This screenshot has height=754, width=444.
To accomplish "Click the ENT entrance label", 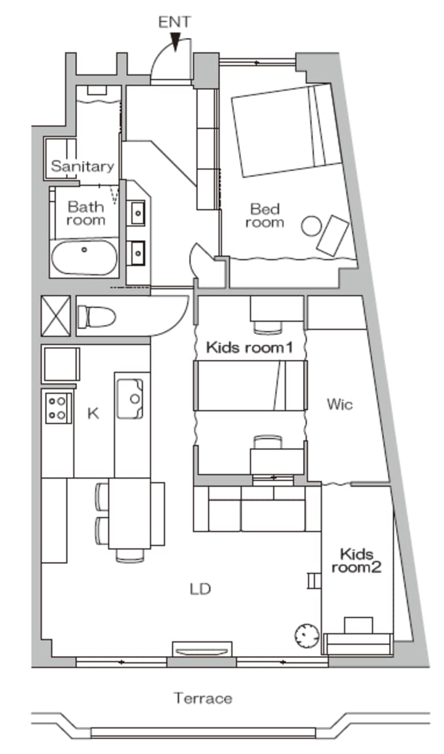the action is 174,22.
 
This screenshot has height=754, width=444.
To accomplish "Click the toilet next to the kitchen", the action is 97,317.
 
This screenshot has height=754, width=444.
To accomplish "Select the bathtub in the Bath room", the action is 84,257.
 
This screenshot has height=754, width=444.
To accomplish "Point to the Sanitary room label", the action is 83,166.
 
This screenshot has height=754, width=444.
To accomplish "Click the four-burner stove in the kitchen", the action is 59,408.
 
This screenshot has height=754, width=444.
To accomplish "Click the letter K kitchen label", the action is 93,413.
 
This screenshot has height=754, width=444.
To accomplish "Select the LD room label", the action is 200,589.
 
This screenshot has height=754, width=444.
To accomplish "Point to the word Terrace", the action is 203,698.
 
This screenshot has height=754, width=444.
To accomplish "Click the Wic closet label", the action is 340,404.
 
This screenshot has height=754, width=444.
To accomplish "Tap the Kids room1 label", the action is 249,347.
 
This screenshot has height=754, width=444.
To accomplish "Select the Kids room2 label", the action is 357,561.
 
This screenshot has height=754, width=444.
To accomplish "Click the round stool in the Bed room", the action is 311,226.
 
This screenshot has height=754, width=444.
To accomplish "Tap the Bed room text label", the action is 264,215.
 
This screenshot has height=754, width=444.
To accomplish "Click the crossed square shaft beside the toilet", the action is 55,316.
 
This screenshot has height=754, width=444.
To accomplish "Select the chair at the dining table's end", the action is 130,556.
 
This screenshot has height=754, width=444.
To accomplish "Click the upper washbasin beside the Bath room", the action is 138,212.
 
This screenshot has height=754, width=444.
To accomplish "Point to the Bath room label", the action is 86,213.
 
